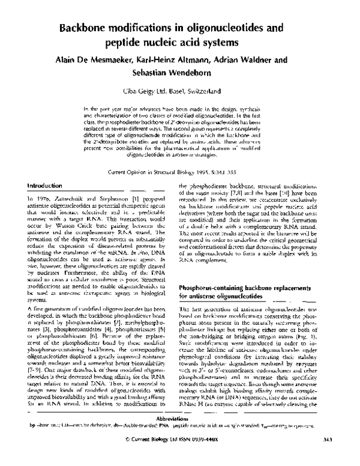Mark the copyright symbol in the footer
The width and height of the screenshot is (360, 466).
point(136,456)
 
